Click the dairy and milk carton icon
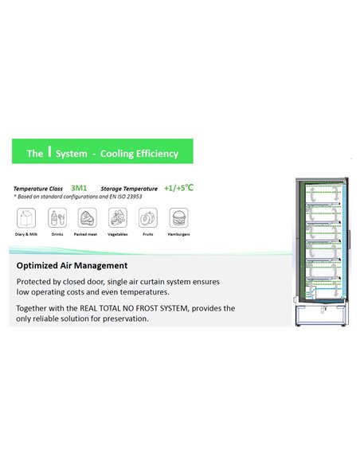click(x=25, y=217)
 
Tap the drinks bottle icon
click(x=57, y=217)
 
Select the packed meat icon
click(x=88, y=217)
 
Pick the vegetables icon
click(x=118, y=217)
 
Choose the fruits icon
click(x=148, y=217)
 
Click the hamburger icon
click(x=178, y=217)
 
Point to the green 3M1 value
click(x=79, y=188)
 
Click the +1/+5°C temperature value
click(x=178, y=188)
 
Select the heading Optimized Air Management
click(x=72, y=265)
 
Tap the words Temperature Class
click(x=38, y=189)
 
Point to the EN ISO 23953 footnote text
click(x=116, y=196)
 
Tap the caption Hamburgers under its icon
click(x=178, y=236)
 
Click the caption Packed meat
click(x=88, y=236)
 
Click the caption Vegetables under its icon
click(x=118, y=236)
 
